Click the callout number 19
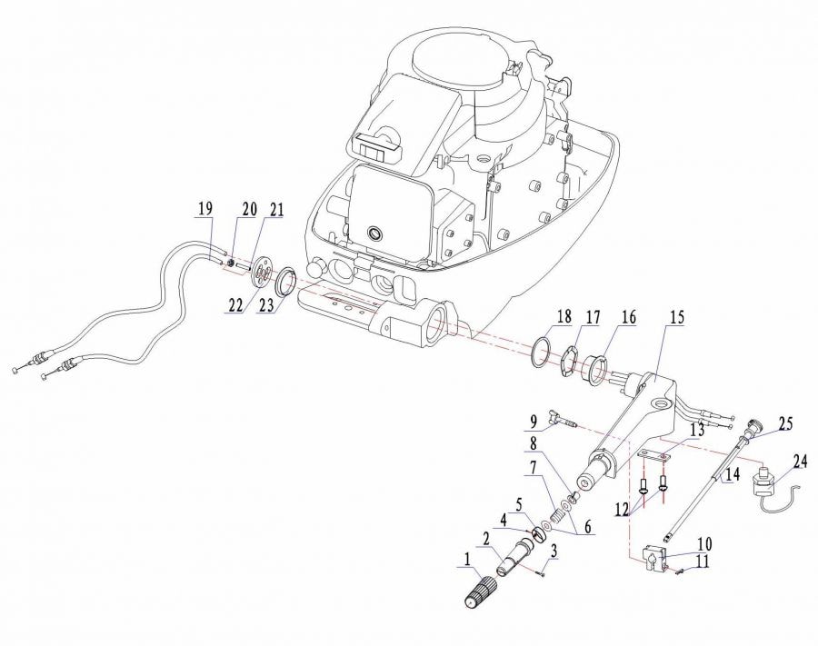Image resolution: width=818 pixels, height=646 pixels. click(x=205, y=209)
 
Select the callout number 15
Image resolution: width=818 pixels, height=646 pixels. click(x=676, y=317)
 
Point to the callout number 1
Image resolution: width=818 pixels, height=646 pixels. click(x=466, y=560)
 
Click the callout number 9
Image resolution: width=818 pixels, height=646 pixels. click(x=534, y=422)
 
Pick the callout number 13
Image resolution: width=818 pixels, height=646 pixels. click(x=697, y=430)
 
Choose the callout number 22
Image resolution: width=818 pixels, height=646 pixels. click(x=235, y=305)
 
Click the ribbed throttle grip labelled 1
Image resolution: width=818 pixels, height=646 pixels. click(x=481, y=592)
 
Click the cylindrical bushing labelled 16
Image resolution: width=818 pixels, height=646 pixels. click(x=594, y=368)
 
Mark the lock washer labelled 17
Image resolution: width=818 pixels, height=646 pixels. click(x=568, y=361)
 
